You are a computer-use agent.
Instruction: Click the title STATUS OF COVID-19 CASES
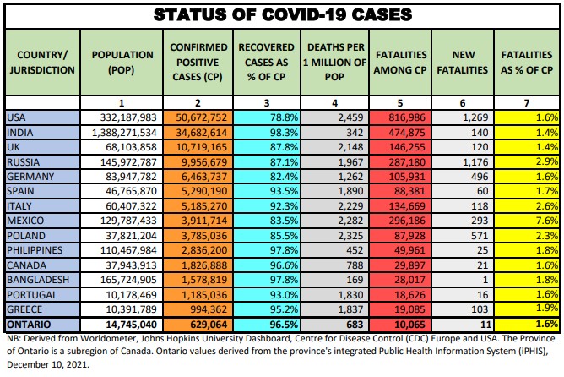point(282,14)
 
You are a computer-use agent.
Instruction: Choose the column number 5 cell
point(401,101)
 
